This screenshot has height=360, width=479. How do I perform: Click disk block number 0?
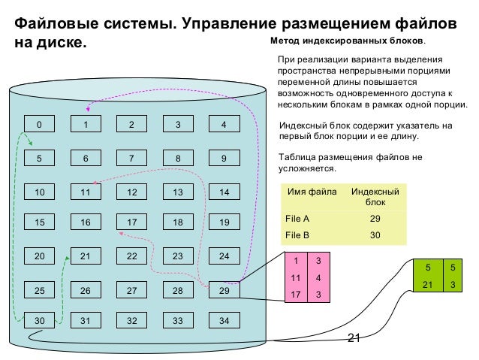pos(40,125)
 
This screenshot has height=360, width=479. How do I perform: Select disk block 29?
pos(224,290)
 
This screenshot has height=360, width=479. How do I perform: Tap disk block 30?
pos(40,320)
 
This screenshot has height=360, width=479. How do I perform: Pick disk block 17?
pos(131,222)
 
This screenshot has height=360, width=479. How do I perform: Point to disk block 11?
pos(86,192)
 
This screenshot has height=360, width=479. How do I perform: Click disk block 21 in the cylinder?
pos(86,256)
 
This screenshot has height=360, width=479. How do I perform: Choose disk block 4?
pos(224,125)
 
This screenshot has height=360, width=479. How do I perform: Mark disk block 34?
pos(224,320)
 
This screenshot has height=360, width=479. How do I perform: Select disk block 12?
pos(131,192)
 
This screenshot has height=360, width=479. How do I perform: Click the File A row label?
pos(298,219)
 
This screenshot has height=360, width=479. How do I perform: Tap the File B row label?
pos(298,234)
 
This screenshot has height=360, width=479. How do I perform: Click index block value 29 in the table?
pos(375,219)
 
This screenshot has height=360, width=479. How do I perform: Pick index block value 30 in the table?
pos(375,234)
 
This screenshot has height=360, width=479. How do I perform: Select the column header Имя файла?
pos(312,192)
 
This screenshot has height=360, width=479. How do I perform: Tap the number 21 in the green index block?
pos(428,284)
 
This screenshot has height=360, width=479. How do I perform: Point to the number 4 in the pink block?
pos(318,277)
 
